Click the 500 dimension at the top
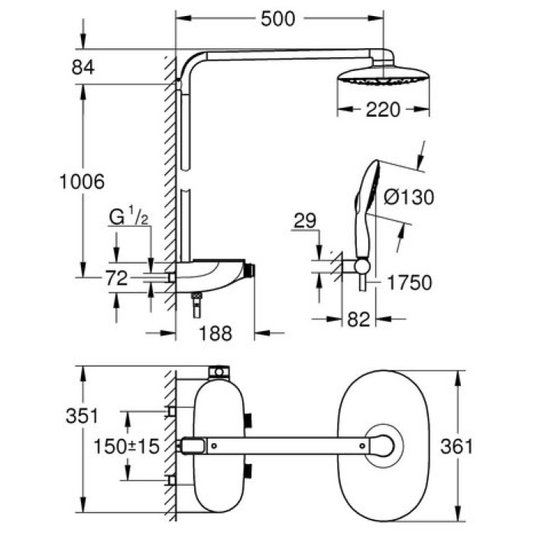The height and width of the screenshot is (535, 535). [277, 19]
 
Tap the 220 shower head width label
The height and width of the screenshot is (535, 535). [382, 110]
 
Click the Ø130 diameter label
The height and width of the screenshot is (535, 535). [407, 197]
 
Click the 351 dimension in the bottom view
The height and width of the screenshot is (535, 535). [80, 417]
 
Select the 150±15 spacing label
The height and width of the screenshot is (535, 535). [125, 446]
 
